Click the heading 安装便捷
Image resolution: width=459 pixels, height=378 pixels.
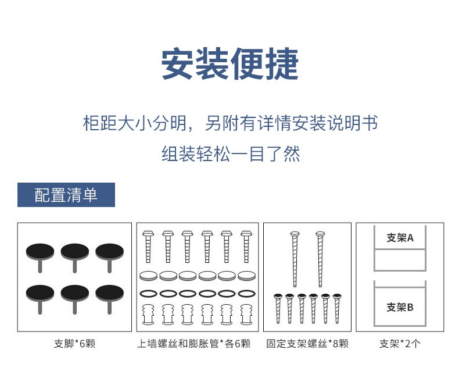230,63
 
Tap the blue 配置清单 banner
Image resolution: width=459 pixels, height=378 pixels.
66,195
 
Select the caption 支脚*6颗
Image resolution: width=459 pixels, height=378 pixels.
74,344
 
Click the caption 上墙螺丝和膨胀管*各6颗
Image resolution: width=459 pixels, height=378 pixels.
194,344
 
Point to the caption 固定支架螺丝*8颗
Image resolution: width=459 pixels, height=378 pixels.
307,344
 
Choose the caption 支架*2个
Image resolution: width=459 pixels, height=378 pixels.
400,344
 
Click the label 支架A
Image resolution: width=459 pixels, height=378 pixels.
400,238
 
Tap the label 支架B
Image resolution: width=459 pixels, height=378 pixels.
400,307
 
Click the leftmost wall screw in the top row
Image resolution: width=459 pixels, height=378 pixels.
148,247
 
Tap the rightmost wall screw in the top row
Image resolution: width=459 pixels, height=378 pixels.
246,247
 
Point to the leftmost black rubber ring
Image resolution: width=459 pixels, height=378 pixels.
148,293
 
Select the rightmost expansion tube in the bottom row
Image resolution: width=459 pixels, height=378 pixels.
246,315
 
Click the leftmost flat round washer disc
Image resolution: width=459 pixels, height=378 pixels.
148,276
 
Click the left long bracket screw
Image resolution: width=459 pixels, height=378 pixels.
295,259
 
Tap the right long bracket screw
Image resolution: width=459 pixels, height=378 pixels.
320,259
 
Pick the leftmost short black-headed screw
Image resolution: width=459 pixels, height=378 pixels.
278,309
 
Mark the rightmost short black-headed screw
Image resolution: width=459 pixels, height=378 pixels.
337,309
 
